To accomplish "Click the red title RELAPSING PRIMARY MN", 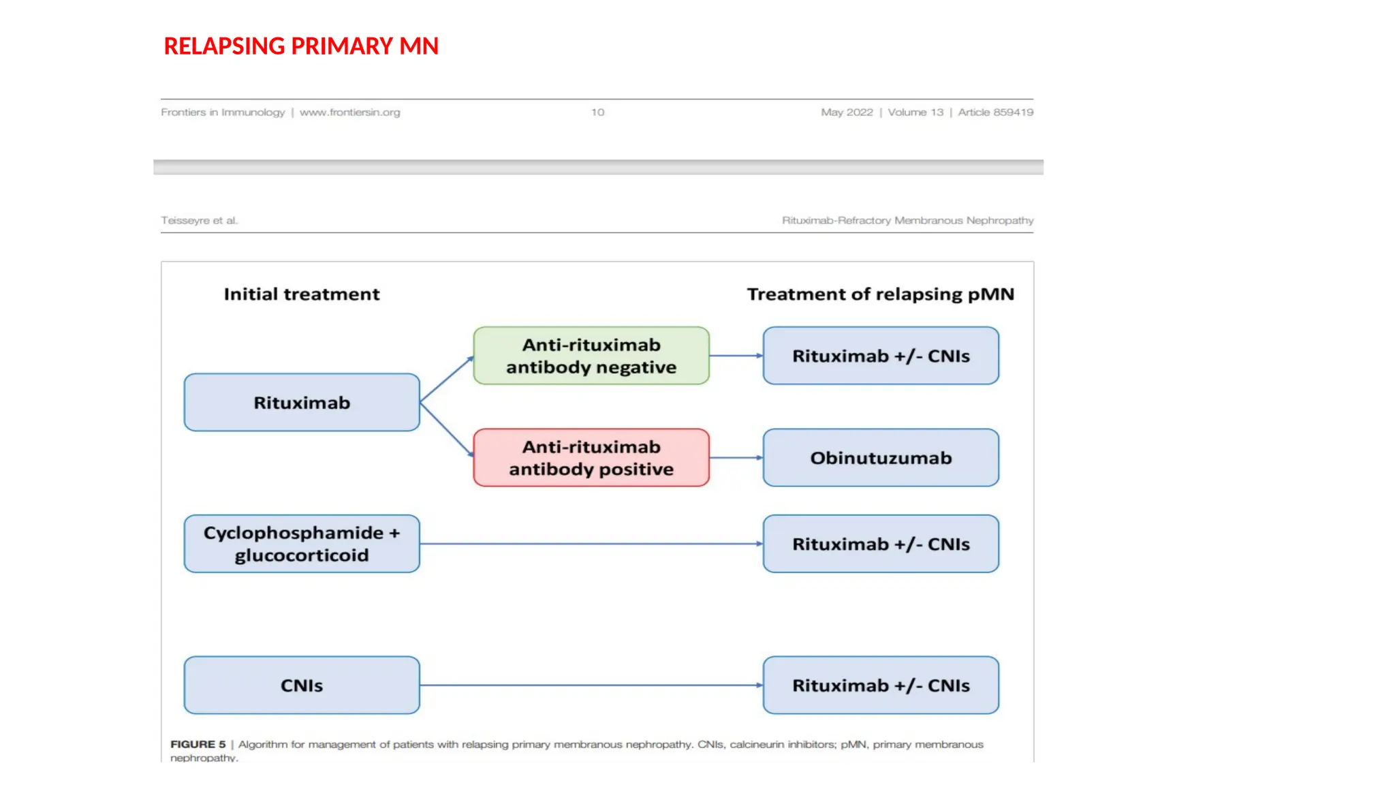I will pyautogui.click(x=300, y=46).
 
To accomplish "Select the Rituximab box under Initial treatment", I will pyautogui.click(x=302, y=403).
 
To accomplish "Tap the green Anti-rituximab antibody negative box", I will pyautogui.click(x=591, y=356).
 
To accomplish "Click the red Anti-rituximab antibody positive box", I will pyautogui.click(x=591, y=458).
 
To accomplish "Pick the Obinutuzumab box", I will pyautogui.click(x=881, y=458).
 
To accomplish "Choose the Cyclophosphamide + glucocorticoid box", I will pyautogui.click(x=302, y=544).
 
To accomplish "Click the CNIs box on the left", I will pyautogui.click(x=302, y=686).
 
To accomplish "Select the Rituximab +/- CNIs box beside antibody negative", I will pyautogui.click(x=881, y=356).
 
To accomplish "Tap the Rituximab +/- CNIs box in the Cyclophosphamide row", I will pyautogui.click(x=881, y=544).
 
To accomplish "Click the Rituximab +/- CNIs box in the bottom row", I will pyautogui.click(x=881, y=686).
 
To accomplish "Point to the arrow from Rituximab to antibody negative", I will pyautogui.click(x=447, y=379).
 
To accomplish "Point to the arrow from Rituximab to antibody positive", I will pyautogui.click(x=447, y=429).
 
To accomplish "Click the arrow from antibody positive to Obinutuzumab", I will pyautogui.click(x=736, y=458).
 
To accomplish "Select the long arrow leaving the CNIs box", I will pyautogui.click(x=591, y=686).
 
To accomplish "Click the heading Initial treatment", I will pyautogui.click(x=302, y=294).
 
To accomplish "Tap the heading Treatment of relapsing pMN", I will pyautogui.click(x=880, y=294).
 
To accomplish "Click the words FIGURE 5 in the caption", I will pyautogui.click(x=198, y=745).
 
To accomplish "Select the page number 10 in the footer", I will pyautogui.click(x=597, y=112).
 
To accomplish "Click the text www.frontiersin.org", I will pyautogui.click(x=349, y=112).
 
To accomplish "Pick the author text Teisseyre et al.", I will pyautogui.click(x=199, y=221).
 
